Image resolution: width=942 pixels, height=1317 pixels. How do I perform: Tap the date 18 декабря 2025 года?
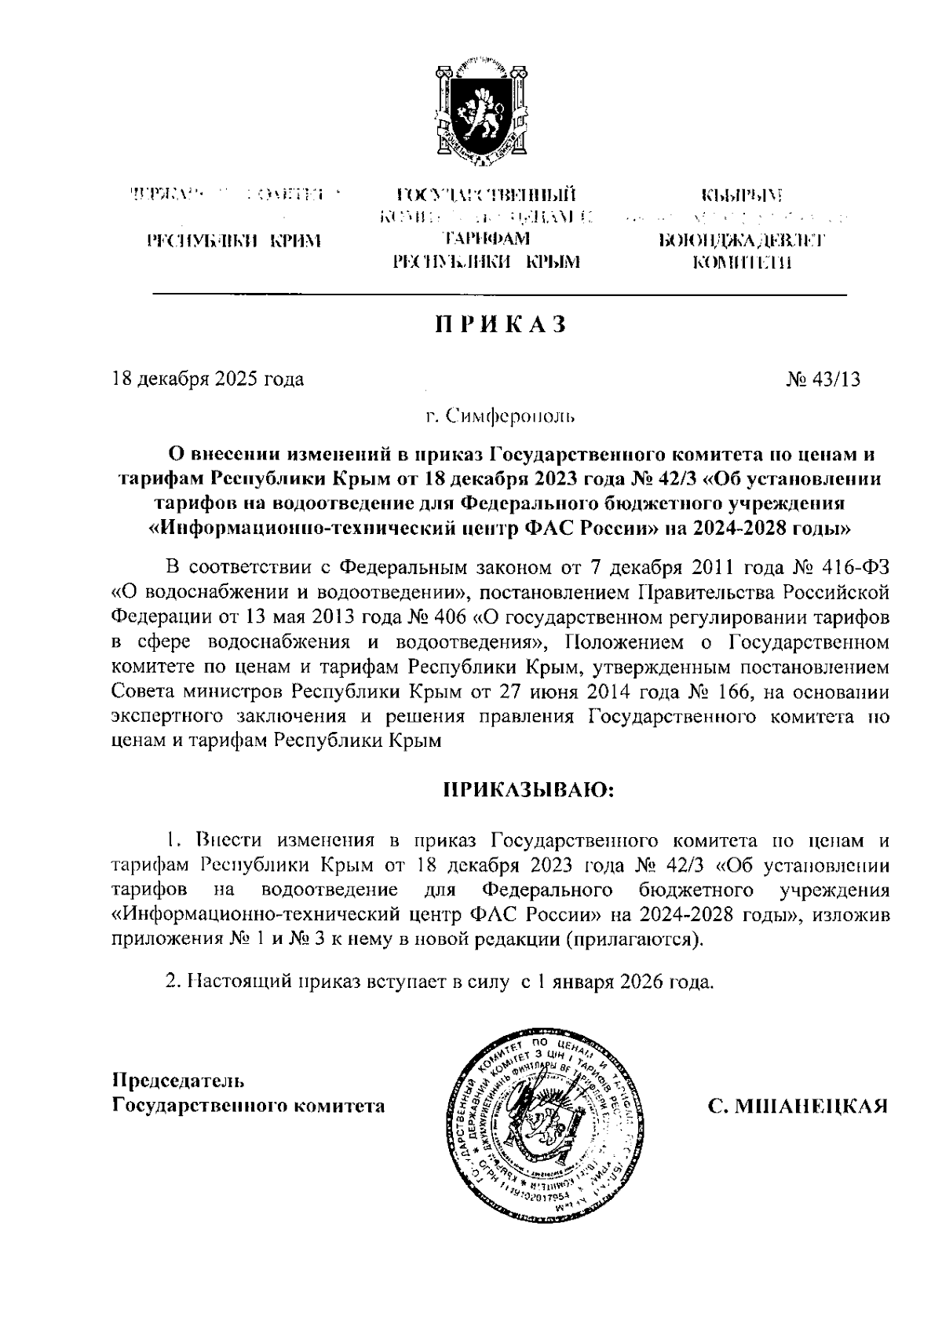207,379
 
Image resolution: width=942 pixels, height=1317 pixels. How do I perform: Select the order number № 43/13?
822,379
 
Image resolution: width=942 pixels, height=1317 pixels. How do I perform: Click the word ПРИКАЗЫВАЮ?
526,788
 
